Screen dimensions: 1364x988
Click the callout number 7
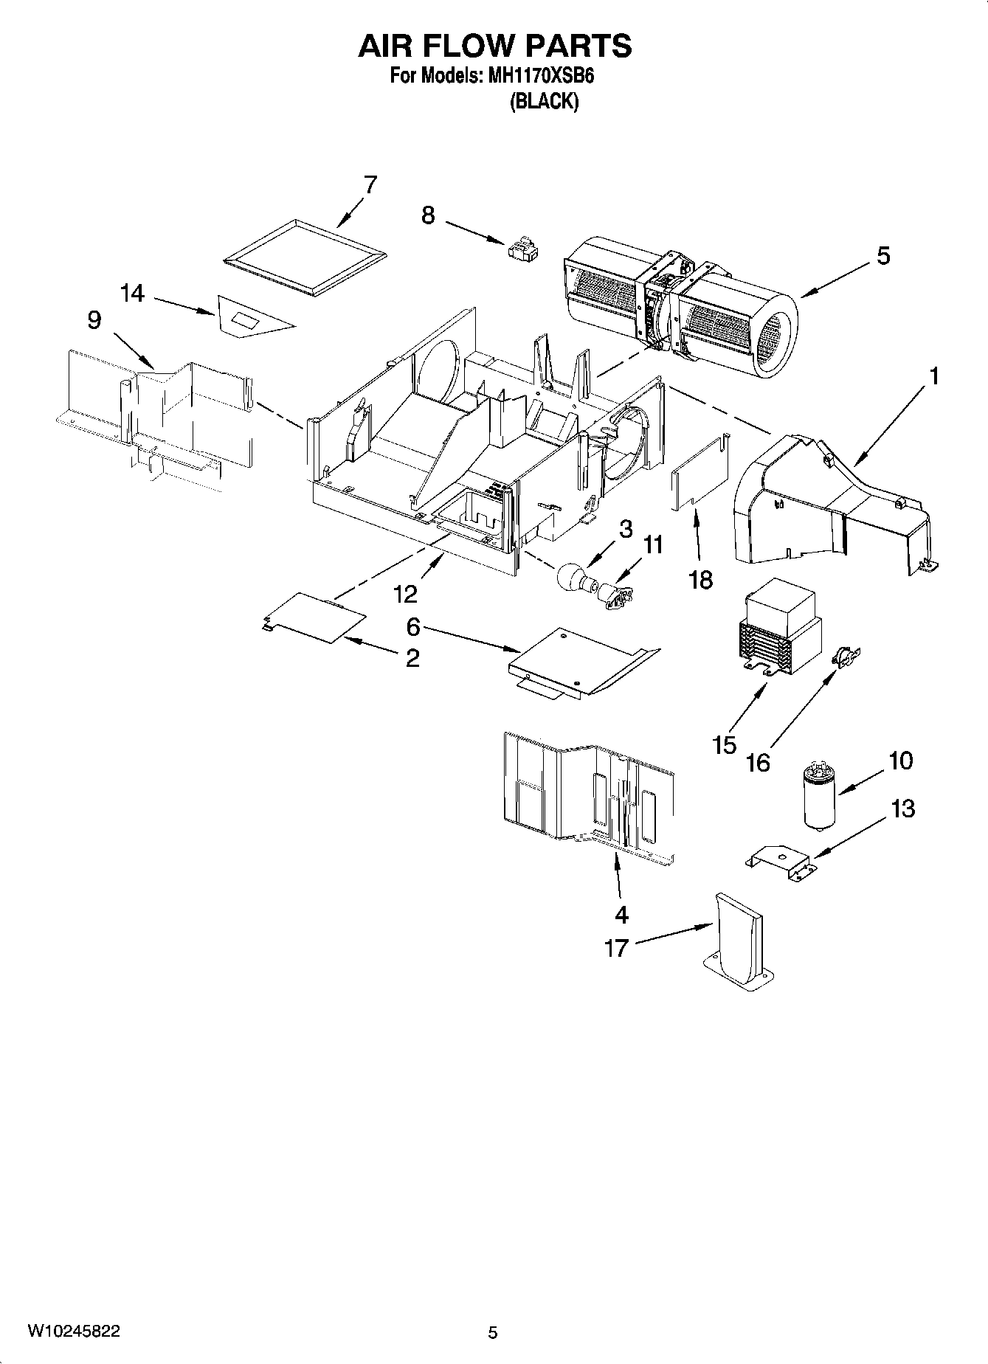click(370, 184)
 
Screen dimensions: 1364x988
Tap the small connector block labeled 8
click(523, 249)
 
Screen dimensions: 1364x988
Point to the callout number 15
click(725, 744)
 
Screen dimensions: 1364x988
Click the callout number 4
click(621, 915)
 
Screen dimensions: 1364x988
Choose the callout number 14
click(132, 294)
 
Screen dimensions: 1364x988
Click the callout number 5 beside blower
click(883, 256)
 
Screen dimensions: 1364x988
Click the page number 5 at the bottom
click(493, 1332)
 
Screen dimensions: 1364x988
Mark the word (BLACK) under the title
click(544, 102)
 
